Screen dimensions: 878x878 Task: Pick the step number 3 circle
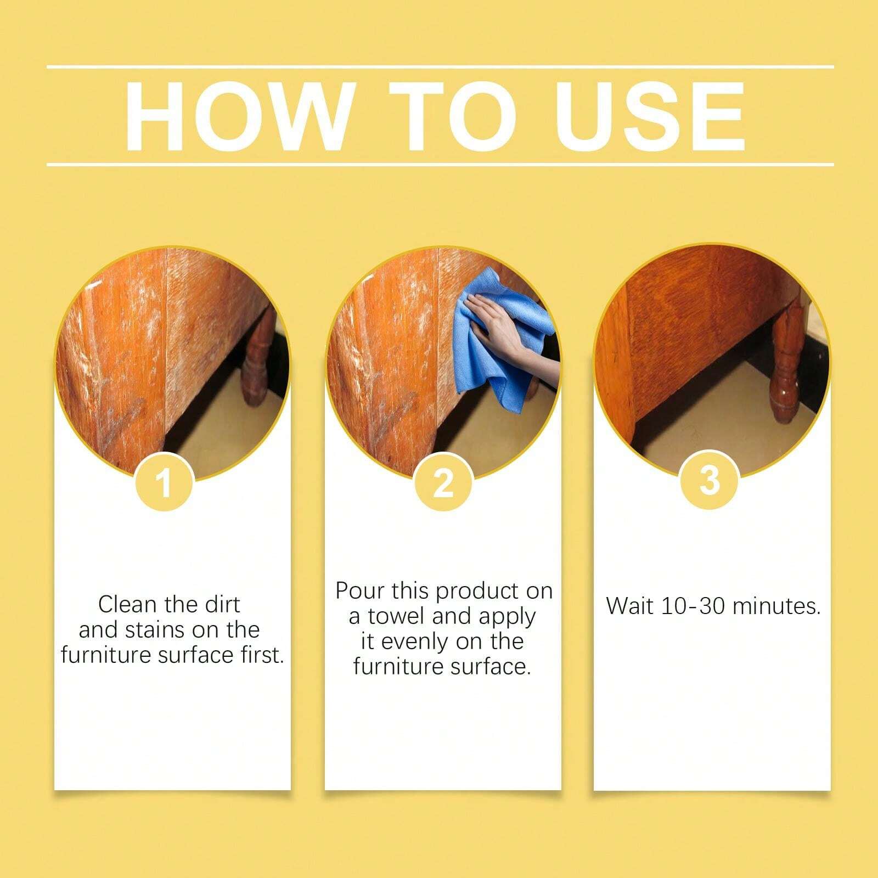(x=710, y=480)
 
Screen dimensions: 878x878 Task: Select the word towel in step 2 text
(x=397, y=616)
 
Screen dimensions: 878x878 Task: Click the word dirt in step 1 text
(x=222, y=605)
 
